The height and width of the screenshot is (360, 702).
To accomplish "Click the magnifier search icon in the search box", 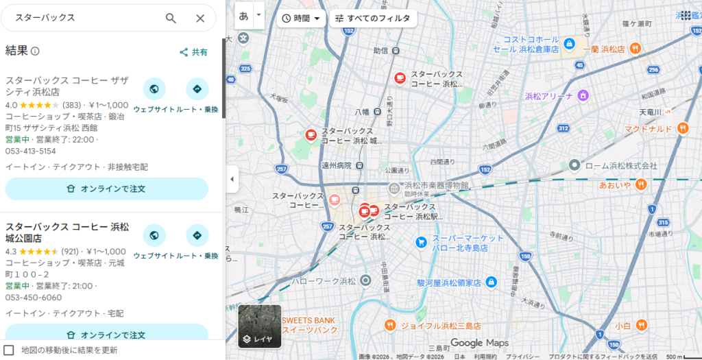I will (x=171, y=18).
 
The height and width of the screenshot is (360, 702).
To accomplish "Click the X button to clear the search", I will (x=200, y=18).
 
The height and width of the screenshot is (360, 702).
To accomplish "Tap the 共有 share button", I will (x=193, y=52).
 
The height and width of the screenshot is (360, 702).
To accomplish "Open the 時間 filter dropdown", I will (x=302, y=19).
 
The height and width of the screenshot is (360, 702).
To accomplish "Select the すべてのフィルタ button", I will (x=373, y=19).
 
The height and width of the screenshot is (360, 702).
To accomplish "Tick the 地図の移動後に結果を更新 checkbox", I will (x=9, y=350).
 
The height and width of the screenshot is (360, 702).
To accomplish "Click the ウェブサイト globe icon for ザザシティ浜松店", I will (x=154, y=89).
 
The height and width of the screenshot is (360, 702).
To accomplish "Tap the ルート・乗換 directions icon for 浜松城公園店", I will (x=197, y=236).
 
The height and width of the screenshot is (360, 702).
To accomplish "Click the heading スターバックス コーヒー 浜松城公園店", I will (x=67, y=232).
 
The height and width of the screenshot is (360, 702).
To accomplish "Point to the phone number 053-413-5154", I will (x=31, y=151).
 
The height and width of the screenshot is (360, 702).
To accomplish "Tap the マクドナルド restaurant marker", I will (x=682, y=128).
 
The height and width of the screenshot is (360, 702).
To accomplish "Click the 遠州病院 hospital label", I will (x=336, y=165).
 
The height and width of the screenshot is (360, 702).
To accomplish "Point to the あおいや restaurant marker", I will (x=640, y=184).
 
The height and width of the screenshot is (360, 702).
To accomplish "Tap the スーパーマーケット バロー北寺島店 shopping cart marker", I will (x=422, y=242).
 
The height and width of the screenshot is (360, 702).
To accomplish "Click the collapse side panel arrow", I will (x=232, y=179).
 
